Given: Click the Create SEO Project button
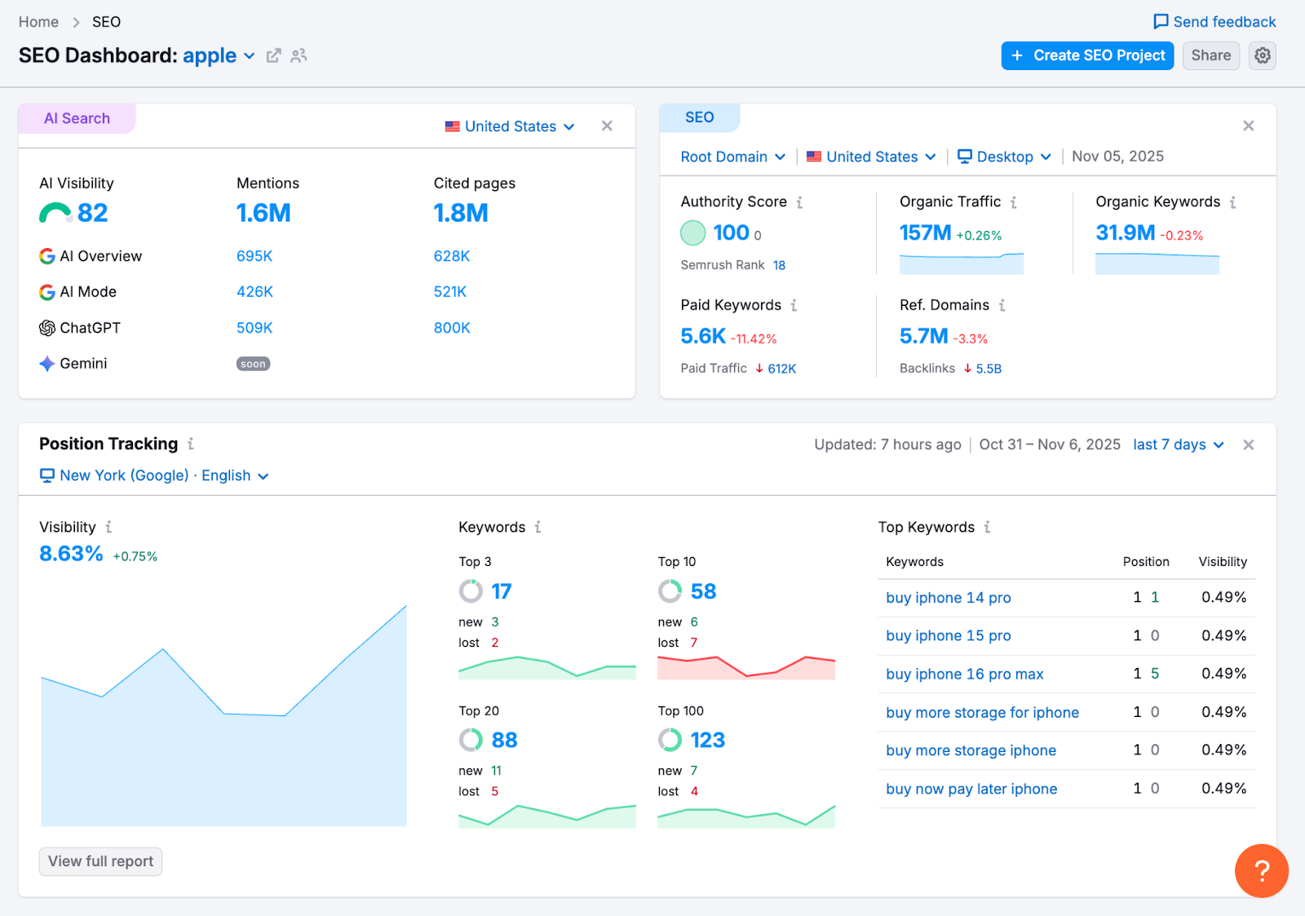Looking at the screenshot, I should [x=1087, y=55].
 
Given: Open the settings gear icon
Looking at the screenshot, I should [x=1263, y=55].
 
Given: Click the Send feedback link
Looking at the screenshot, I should [x=1214, y=22].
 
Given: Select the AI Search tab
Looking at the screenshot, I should [x=77, y=118].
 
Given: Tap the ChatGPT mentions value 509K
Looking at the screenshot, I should [x=254, y=328].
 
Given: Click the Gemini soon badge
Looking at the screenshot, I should [x=253, y=364].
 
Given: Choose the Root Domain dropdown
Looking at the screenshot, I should [x=732, y=157].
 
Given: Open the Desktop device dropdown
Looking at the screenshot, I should [x=1004, y=157].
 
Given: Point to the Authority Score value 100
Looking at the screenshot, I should [x=731, y=233].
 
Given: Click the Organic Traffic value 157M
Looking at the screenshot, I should [x=925, y=233].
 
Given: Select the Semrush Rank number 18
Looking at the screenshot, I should [x=779, y=265].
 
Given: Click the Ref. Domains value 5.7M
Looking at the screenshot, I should [x=923, y=336].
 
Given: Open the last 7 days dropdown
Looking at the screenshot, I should [x=1178, y=445].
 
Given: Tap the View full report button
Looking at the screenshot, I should [x=100, y=861].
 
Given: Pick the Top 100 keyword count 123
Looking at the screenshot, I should [x=707, y=740].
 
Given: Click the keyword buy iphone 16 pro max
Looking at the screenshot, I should [x=964, y=675].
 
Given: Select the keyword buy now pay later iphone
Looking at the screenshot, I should [x=971, y=789].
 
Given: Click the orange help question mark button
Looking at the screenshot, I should [x=1261, y=870].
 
